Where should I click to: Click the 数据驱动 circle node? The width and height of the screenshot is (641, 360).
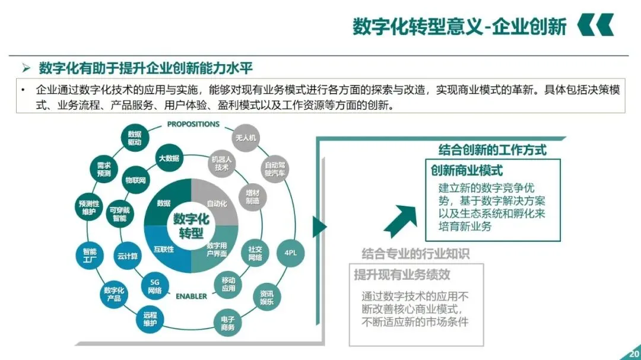(x=135, y=138)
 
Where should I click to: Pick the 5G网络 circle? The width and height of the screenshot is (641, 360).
(x=155, y=286)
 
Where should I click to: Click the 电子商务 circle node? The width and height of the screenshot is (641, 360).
(x=227, y=323)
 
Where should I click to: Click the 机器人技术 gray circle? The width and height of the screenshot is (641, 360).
(x=222, y=163)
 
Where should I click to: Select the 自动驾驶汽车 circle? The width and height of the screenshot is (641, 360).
(x=275, y=169)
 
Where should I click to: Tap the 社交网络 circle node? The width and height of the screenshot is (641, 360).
(x=255, y=254)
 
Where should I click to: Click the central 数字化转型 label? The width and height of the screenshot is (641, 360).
(x=191, y=226)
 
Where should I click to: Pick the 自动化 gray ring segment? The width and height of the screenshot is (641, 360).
(x=217, y=203)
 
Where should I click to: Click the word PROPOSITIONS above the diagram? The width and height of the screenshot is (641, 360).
(x=193, y=125)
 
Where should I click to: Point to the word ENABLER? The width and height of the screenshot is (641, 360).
(x=191, y=296)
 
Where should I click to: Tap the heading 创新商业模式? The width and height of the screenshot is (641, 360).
(x=467, y=171)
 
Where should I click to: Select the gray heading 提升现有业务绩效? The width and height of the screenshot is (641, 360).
(x=402, y=275)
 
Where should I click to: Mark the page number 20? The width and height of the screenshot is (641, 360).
(x=633, y=354)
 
